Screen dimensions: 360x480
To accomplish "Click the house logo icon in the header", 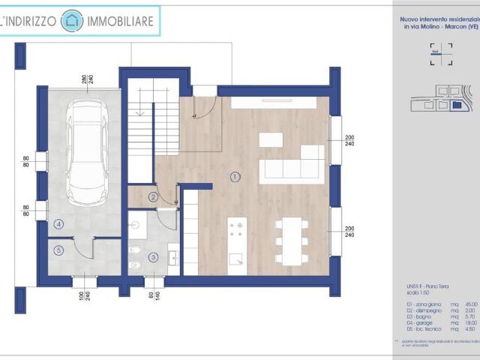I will pyautogui.click(x=72, y=21).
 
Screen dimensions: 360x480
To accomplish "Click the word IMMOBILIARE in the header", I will pyautogui.click(x=121, y=22).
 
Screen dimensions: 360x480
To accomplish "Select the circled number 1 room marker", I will pyautogui.click(x=235, y=177).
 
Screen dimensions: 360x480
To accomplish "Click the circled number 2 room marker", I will pyautogui.click(x=153, y=197).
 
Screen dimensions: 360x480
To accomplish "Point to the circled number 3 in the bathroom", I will pyautogui.click(x=153, y=257).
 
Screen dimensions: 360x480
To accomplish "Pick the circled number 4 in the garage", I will pyautogui.click(x=58, y=223).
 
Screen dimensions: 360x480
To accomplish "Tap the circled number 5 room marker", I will pyautogui.click(x=58, y=250).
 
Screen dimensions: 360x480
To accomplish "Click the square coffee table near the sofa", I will pyautogui.click(x=271, y=139).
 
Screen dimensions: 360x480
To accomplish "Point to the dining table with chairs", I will pyautogui.click(x=289, y=240).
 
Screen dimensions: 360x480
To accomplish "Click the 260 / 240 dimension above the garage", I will pyautogui.click(x=87, y=79).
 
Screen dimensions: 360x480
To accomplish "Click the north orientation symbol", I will pyautogui.click(x=441, y=49).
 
